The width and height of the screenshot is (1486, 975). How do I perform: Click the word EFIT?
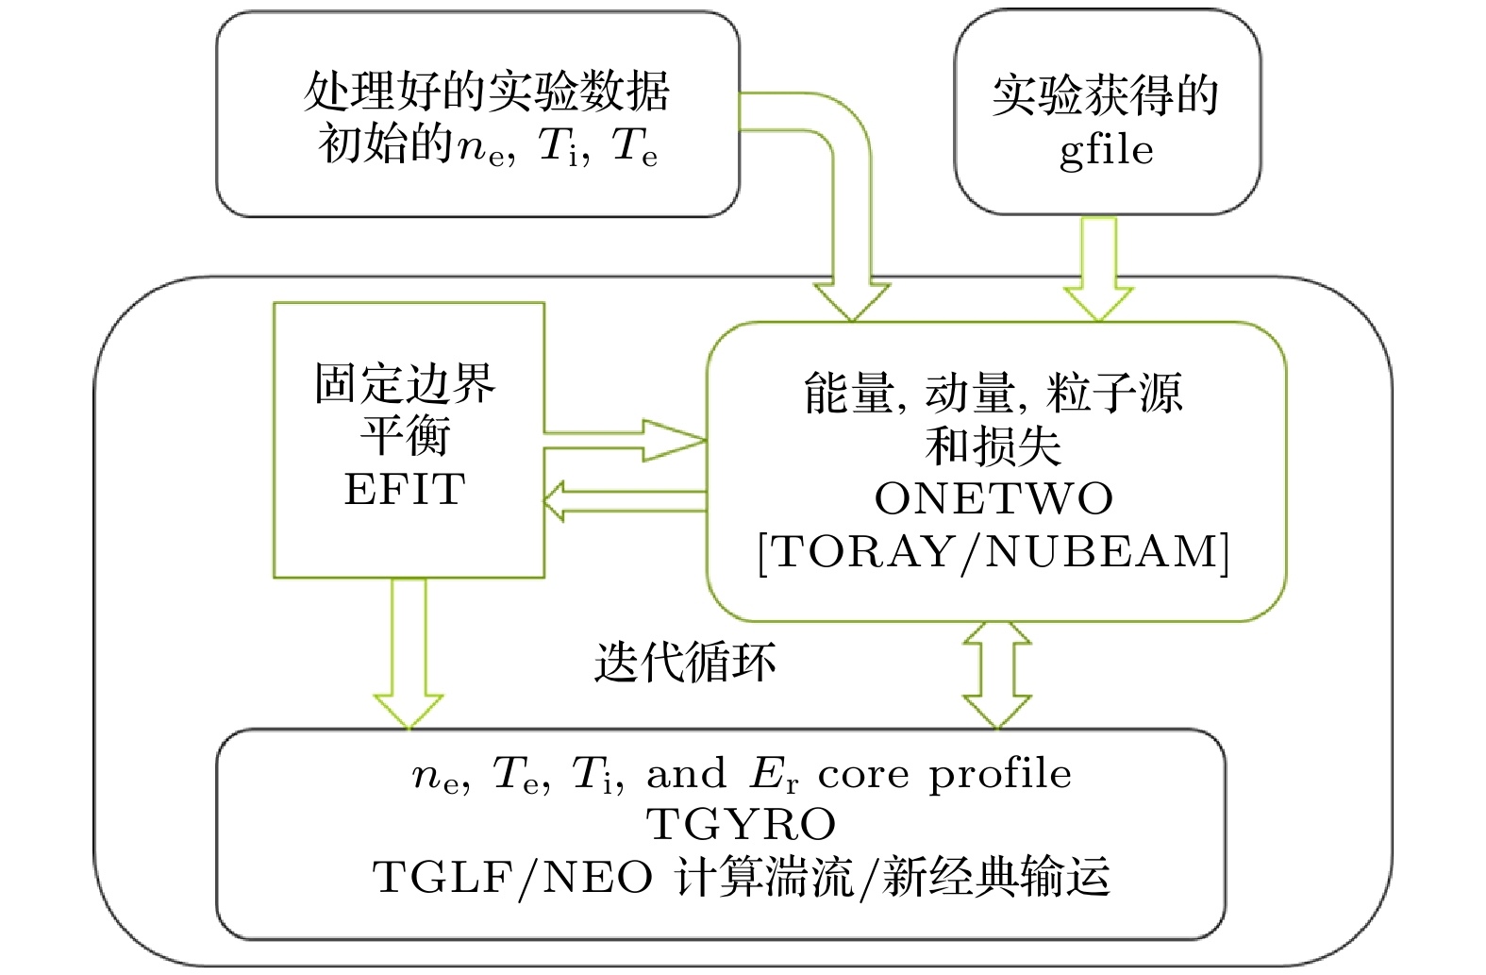pyautogui.click(x=405, y=490)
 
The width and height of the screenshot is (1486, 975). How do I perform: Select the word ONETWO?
pyautogui.click(x=993, y=499)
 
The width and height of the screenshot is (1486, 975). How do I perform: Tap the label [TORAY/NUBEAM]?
pyautogui.click(x=993, y=552)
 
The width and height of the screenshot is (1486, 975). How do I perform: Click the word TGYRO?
pyautogui.click(x=742, y=825)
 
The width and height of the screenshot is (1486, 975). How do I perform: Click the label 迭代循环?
pyautogui.click(x=685, y=662)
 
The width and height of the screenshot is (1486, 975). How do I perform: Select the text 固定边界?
pyautogui.click(x=405, y=383)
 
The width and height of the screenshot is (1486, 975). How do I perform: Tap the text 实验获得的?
pyautogui.click(x=1106, y=96)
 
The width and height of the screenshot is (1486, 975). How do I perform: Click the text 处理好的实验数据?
pyautogui.click(x=486, y=92)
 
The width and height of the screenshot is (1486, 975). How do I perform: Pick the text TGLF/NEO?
pyautogui.click(x=512, y=878)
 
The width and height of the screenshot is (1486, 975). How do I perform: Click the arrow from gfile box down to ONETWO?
pyautogui.click(x=1098, y=269)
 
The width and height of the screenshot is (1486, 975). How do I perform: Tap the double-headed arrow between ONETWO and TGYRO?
pyautogui.click(x=996, y=674)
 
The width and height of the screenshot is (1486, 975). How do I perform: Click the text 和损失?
pyautogui.click(x=993, y=446)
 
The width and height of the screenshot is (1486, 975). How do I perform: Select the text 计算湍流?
pyautogui.click(x=764, y=878)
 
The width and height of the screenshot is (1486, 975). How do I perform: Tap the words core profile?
pyautogui.click(x=944, y=775)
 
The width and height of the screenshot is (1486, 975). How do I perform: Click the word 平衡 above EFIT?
pyautogui.click(x=405, y=436)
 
